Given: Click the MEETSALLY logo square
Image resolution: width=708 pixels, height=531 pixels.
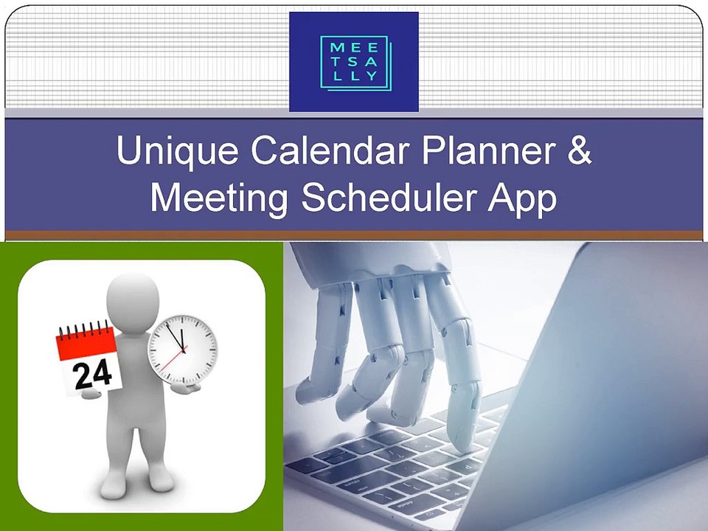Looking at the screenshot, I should coord(354,62).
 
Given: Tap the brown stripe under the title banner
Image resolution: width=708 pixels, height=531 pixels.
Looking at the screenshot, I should coord(354,235).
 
